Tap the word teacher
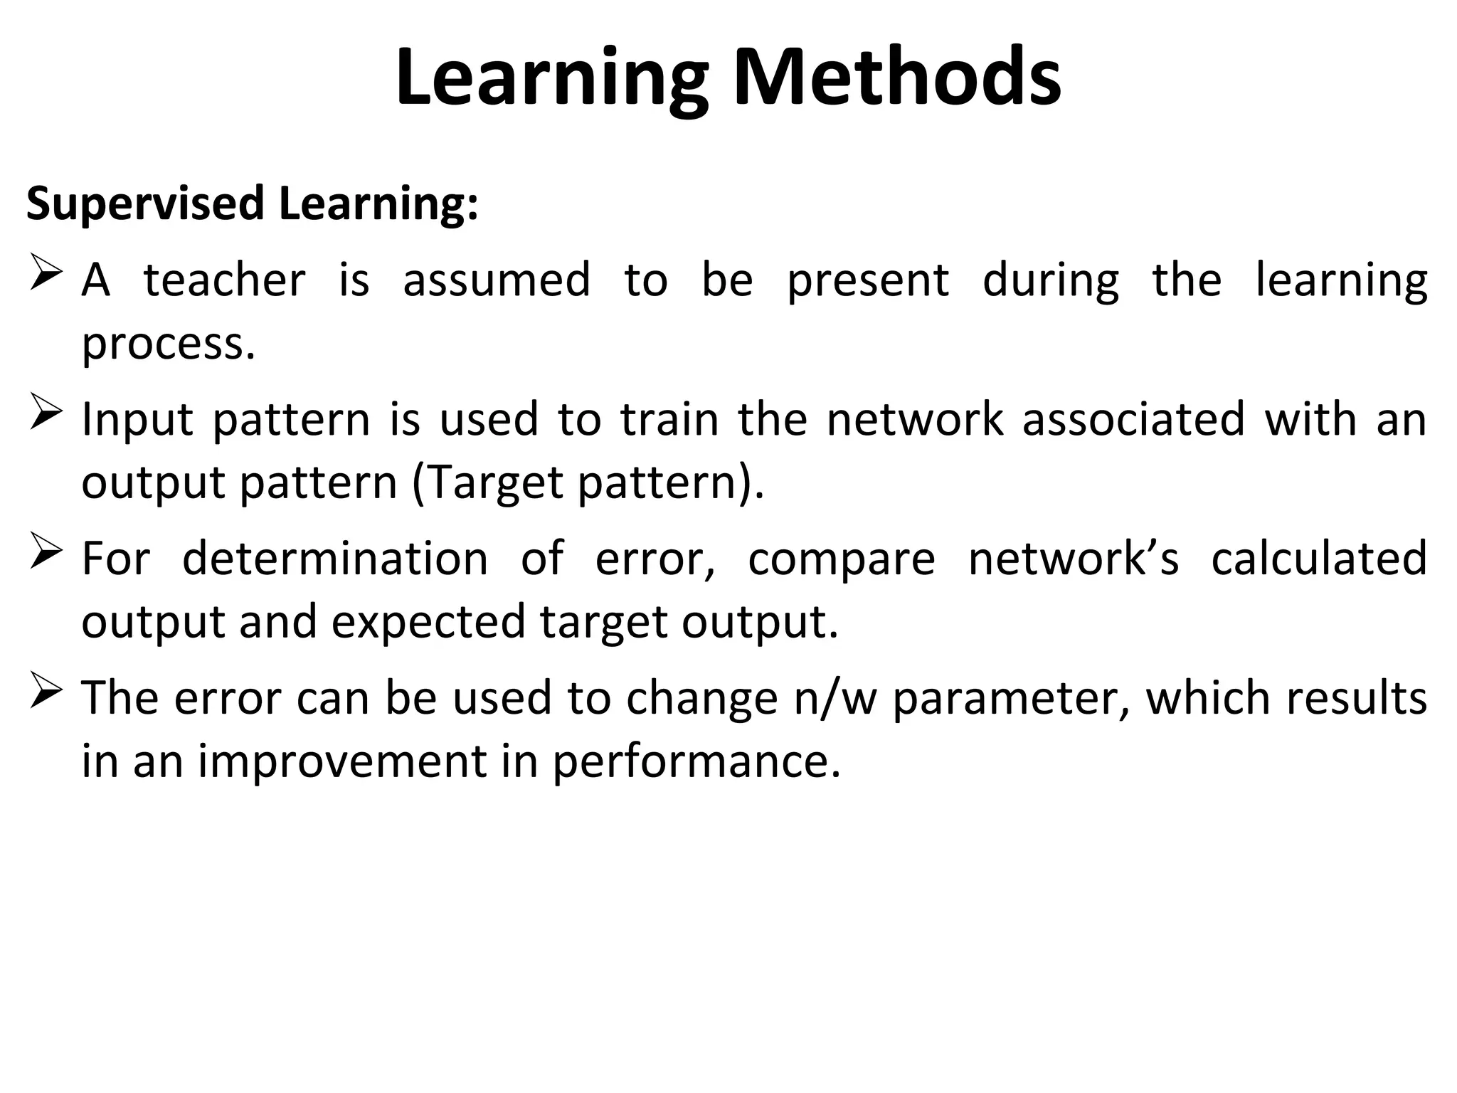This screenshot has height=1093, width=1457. (224, 280)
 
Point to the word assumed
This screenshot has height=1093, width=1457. (497, 280)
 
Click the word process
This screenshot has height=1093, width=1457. (168, 344)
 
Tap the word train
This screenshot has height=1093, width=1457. (669, 419)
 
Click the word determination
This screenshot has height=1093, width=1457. (335, 559)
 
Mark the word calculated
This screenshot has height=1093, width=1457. (1319, 559)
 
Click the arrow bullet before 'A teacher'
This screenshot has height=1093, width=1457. (47, 276)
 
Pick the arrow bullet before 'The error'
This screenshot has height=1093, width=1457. (47, 695)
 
